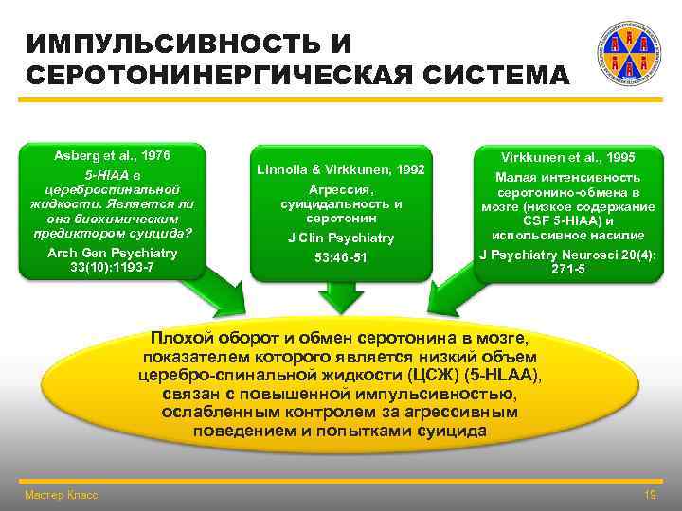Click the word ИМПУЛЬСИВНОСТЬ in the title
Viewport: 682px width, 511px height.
[175, 44]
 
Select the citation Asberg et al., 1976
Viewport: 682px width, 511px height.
[113, 152]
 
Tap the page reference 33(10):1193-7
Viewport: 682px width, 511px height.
[113, 268]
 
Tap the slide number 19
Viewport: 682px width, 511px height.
[650, 495]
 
